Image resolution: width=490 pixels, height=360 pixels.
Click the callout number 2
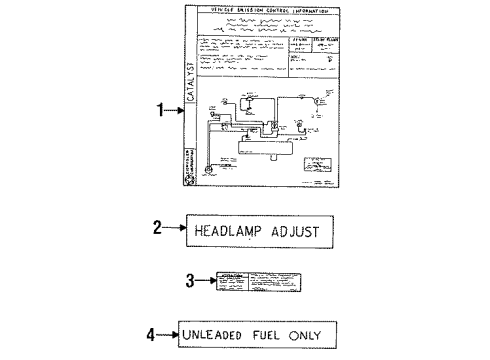157,228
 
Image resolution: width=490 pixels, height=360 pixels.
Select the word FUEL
273,334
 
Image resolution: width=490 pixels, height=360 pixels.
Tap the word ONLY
312,334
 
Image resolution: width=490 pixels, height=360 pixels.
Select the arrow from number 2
175,228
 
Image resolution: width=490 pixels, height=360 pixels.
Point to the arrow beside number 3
206,281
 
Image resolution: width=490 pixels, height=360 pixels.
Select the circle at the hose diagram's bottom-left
209,171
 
